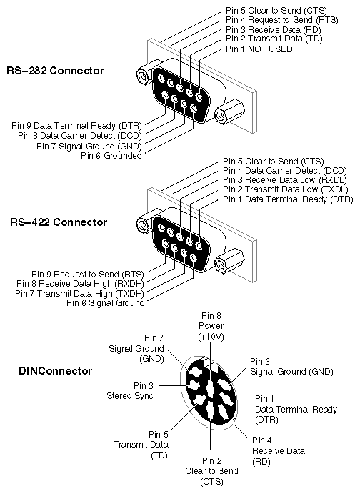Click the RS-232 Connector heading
coord(56,70)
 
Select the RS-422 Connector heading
coord(59,222)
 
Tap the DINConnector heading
coord(56,371)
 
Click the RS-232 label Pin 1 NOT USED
coord(259,49)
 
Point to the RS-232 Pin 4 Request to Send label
coord(282,20)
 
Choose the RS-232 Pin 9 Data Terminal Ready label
coord(76,126)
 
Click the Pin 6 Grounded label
coord(111,156)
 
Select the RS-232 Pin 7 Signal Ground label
coord(89,147)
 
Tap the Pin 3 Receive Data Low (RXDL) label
coord(285,180)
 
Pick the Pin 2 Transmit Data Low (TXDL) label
coord(286,189)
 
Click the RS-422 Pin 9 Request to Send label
coord(88,275)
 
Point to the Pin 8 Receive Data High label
coord(80,284)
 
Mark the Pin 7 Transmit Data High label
coord(79,294)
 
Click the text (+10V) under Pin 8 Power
coord(211,337)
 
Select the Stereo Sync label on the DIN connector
coord(130,396)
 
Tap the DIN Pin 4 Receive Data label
coord(279,451)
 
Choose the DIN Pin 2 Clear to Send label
coord(211,471)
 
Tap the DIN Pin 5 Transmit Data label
coord(141,445)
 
